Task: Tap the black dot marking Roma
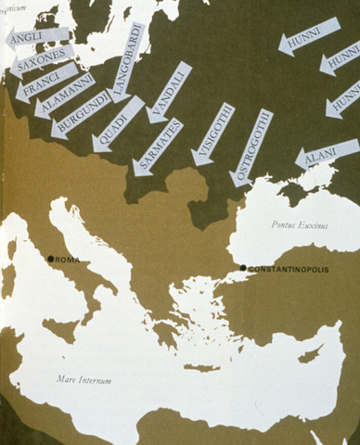51,259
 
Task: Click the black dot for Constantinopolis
243,268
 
